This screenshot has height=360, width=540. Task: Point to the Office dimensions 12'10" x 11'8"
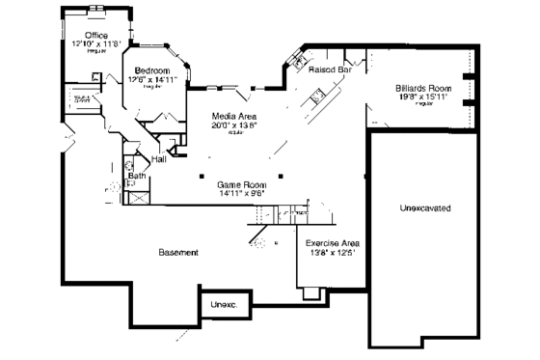pos(95,44)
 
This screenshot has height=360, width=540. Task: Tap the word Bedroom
pos(152,70)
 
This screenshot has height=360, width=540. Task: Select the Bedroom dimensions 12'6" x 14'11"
pos(152,80)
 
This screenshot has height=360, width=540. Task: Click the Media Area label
pos(234,116)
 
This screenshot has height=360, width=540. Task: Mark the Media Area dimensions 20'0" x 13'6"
pos(234,125)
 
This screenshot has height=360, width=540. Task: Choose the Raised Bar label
pos(329,69)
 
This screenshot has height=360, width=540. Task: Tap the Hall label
pos(159,159)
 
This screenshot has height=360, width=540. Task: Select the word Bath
pos(137,176)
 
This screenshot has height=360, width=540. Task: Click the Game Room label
pos(240,183)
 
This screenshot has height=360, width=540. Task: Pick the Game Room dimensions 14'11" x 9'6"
pos(240,193)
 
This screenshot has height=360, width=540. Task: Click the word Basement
pos(178,252)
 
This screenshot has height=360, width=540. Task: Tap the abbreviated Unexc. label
pos(224,305)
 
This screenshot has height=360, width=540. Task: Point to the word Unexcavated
pos(425,208)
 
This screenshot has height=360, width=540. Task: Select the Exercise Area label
pos(333,242)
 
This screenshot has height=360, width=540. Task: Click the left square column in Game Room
pos(200,176)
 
